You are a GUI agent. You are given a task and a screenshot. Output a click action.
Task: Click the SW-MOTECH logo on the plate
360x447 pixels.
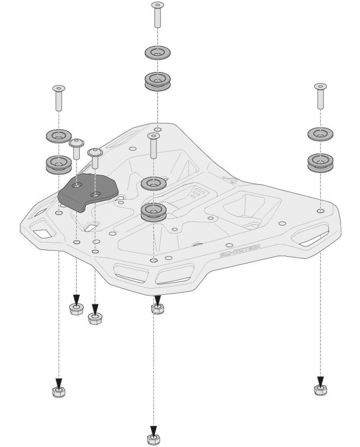[240, 251]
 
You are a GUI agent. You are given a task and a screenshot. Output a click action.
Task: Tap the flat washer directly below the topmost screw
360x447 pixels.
[158, 52]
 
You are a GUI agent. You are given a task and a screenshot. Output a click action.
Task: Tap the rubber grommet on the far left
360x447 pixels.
[59, 164]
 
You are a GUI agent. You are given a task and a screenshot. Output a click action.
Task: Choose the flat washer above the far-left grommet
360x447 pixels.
[59, 136]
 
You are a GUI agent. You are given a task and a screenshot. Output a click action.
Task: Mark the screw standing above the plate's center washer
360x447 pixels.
[153, 146]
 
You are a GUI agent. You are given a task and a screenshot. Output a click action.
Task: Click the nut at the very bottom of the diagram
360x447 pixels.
[153, 439]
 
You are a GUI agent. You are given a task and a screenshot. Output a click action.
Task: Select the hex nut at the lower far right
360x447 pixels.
[320, 389]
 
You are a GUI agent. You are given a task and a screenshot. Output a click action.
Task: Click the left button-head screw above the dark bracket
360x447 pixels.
[76, 148]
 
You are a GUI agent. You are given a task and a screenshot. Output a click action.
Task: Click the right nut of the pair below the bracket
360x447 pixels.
[94, 318]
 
